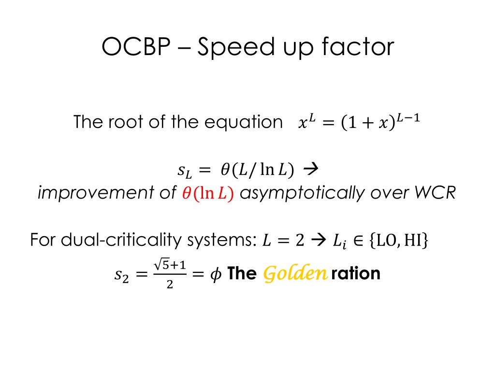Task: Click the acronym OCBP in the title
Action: (136, 47)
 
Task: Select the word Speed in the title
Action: (236, 48)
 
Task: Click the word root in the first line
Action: (126, 122)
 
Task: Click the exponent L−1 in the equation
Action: (408, 118)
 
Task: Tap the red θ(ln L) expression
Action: (208, 193)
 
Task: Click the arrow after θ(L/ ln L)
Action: (311, 170)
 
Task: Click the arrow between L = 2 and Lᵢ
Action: (318, 241)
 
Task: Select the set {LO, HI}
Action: (398, 241)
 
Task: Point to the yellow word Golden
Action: (295, 273)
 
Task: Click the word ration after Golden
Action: (355, 273)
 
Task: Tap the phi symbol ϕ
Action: (216, 274)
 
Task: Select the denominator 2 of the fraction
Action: (170, 285)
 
